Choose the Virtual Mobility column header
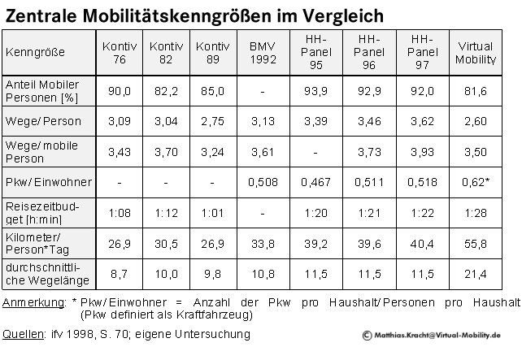pyautogui.click(x=476, y=51)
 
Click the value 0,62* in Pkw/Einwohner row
pyautogui.click(x=476, y=181)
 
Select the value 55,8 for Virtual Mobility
pyautogui.click(x=476, y=241)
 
